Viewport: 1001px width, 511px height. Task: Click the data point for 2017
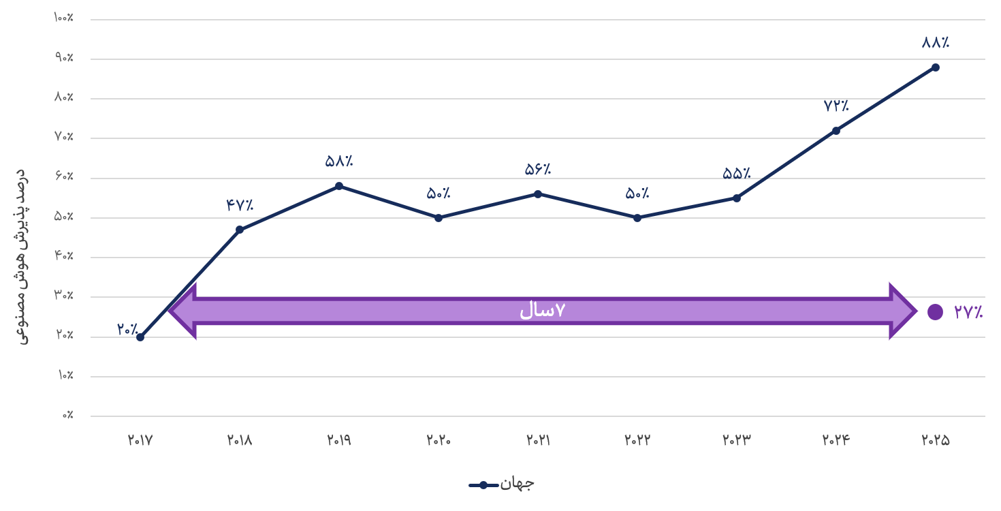(140, 337)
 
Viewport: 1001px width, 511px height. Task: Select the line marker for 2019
(339, 186)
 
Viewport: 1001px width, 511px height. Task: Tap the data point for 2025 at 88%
(936, 67)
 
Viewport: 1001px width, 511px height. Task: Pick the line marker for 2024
(836, 131)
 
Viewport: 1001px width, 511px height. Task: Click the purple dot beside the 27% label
(935, 312)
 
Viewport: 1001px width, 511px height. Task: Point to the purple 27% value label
(968, 312)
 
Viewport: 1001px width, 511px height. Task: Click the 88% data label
(936, 42)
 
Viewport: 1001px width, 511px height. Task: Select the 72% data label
(836, 106)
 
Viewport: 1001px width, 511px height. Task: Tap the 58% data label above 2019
(339, 161)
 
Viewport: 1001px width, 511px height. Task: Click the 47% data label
(240, 205)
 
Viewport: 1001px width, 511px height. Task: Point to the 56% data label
(538, 169)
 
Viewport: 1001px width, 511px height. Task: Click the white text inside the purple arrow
(543, 310)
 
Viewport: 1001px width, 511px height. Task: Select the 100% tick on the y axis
(63, 18)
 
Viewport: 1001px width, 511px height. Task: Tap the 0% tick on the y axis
(67, 416)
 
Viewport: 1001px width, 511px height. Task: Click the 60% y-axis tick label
(64, 176)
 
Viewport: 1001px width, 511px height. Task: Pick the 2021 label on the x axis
(538, 440)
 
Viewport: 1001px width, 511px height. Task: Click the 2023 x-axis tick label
(737, 440)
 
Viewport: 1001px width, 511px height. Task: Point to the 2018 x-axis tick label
(240, 440)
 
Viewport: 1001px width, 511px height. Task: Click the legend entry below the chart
(501, 484)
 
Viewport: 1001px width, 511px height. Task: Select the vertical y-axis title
(21, 257)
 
